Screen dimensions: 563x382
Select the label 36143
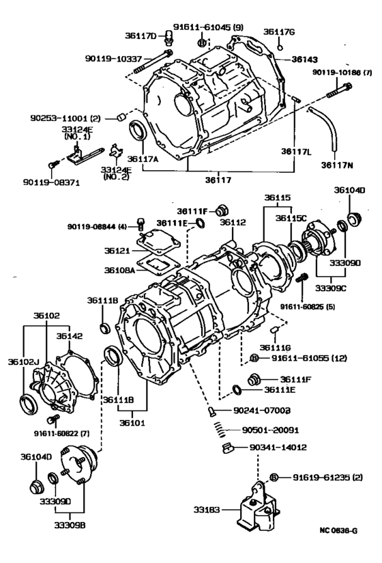(x=295, y=59)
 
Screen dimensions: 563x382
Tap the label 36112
(x=233, y=221)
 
